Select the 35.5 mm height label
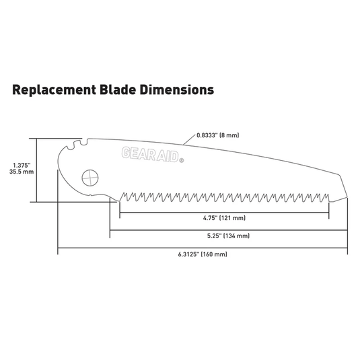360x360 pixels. (x=22, y=172)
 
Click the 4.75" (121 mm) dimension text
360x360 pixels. (x=223, y=219)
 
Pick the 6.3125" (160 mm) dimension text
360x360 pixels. (x=205, y=254)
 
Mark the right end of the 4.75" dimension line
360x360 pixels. (x=328, y=212)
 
